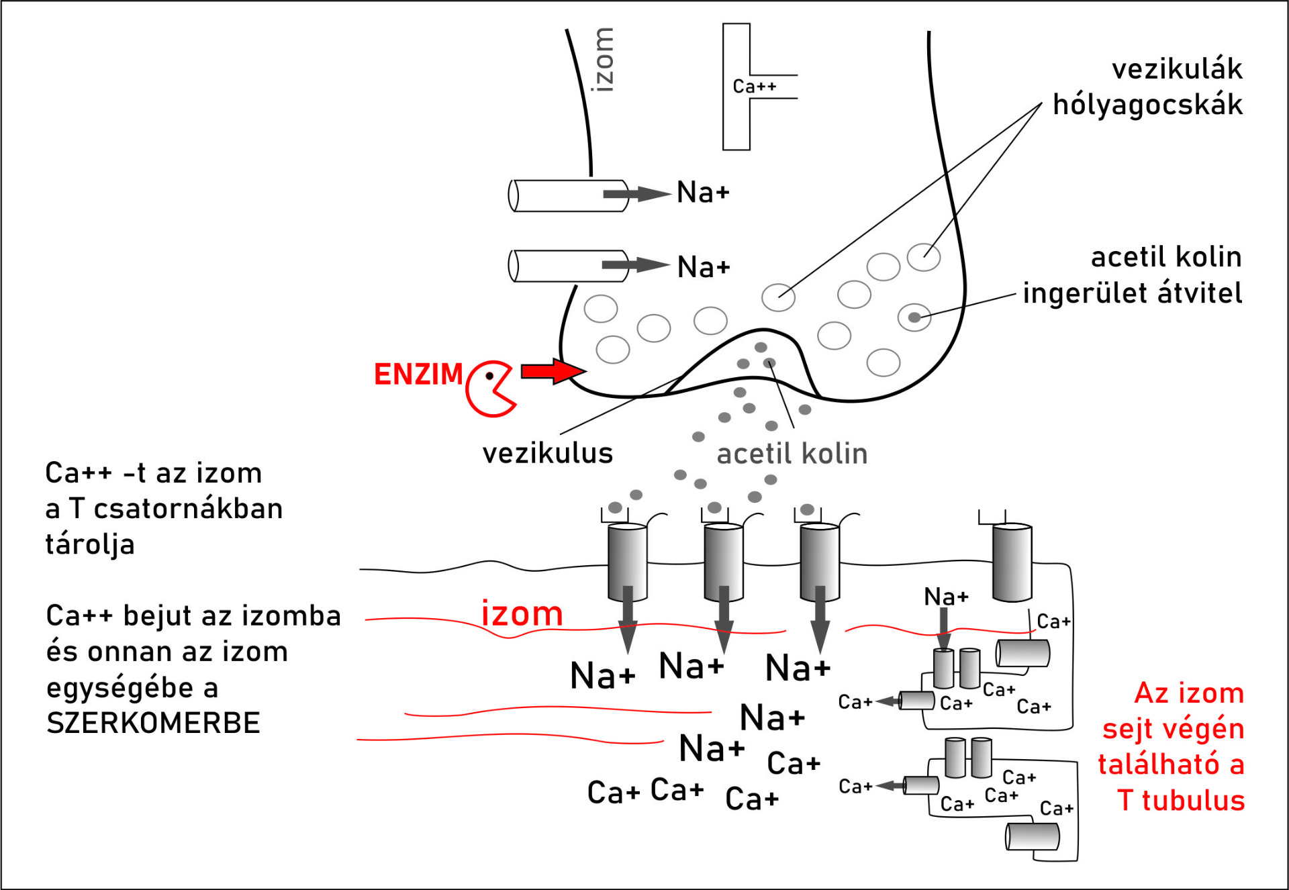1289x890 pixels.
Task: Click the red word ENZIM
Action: point(418,375)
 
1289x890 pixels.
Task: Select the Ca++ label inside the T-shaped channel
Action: point(754,87)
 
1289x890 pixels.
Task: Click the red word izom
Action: point(522,613)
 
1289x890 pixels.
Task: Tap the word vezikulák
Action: point(1177,69)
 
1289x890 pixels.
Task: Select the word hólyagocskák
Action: point(1147,105)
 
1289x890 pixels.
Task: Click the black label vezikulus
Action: point(547,454)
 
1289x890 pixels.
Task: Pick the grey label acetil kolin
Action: point(792,454)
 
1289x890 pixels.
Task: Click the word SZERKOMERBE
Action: point(153,724)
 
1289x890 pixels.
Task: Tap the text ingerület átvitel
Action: point(1132,293)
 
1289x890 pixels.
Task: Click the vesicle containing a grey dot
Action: point(914,317)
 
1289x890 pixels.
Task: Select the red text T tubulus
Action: point(1181,801)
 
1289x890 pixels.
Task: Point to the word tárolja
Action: point(90,544)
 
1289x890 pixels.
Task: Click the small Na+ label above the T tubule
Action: point(946,596)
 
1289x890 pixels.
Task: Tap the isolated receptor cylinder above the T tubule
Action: point(1012,562)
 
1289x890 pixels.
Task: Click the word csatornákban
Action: point(188,509)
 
